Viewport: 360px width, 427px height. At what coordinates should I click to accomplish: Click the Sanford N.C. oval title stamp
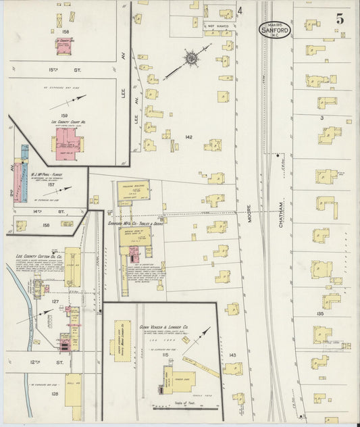pos(276,29)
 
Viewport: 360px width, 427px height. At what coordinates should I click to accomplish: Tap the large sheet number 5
pos(340,18)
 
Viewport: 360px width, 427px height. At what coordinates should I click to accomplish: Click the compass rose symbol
pos(192,59)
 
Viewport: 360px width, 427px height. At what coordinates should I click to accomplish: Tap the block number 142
pos(188,137)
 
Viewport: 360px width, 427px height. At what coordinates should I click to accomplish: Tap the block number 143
pos(232,355)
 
